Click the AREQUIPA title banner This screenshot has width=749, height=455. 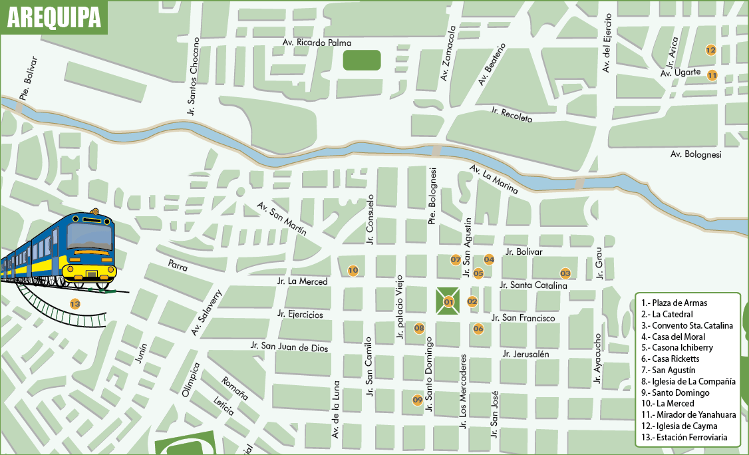coord(54,17)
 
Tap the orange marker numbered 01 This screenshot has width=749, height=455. coord(448,302)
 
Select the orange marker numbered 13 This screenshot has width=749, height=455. coord(75,304)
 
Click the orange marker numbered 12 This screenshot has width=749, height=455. coord(710,50)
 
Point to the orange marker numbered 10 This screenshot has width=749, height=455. coord(353,270)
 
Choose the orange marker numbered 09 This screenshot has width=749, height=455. coord(418,400)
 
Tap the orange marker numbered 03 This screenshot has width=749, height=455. coord(565,273)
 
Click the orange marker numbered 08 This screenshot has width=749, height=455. coord(419,327)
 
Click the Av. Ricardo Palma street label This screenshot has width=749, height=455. coord(317,43)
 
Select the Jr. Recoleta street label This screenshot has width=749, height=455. coord(512,114)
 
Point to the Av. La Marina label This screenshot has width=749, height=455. coord(493,180)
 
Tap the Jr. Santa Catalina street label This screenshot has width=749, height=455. coord(533,285)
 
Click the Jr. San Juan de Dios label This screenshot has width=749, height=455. coord(289,346)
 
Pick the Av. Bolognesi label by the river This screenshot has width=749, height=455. coord(695,155)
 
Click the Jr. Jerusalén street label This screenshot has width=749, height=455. coord(526,354)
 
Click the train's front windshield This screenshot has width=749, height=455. coord(89,237)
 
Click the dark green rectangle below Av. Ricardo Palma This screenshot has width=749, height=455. coord(362,60)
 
